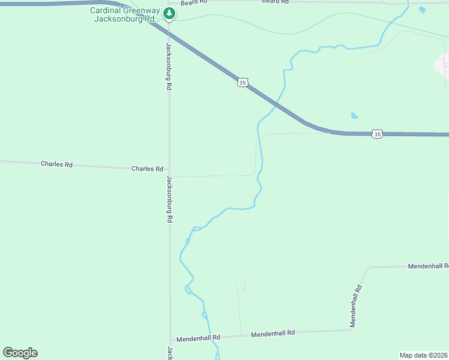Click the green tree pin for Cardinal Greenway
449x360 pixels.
[170, 13]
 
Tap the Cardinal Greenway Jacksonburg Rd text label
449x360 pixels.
[126, 14]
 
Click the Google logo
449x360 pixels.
[20, 353]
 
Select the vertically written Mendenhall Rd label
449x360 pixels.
[357, 306]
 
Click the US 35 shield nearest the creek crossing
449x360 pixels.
[242, 83]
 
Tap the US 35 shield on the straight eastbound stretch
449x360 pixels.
[376, 134]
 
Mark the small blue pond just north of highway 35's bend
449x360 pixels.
[355, 115]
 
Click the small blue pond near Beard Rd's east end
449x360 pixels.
[422, 10]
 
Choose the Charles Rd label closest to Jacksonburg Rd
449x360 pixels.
[147, 169]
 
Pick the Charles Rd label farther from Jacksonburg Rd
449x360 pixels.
[56, 164]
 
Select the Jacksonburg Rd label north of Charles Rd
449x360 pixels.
[169, 66]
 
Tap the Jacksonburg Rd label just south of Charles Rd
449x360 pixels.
[170, 199]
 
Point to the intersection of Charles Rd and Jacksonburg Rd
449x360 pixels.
[170, 174]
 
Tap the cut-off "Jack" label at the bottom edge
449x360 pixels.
[170, 353]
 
